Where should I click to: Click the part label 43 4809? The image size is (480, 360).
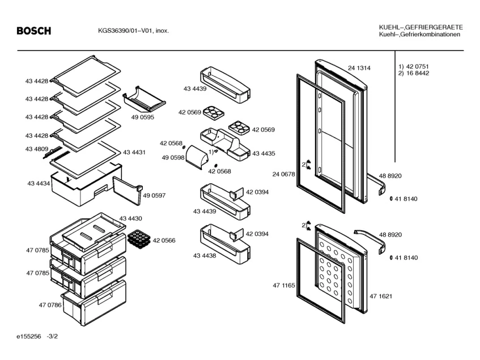36,149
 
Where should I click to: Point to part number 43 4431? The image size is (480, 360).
134,152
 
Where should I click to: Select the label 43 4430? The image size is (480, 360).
130,218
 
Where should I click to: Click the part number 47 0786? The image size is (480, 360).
50,305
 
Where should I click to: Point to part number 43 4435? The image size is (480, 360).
264,153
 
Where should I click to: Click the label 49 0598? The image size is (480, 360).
173,158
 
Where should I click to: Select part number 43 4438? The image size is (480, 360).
205,256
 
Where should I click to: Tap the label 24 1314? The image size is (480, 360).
359,68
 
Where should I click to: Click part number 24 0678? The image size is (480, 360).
283,174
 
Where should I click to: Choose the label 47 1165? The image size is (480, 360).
283,285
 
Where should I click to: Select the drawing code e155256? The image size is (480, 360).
29,336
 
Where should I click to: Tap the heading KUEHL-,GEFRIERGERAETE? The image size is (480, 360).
420,27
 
